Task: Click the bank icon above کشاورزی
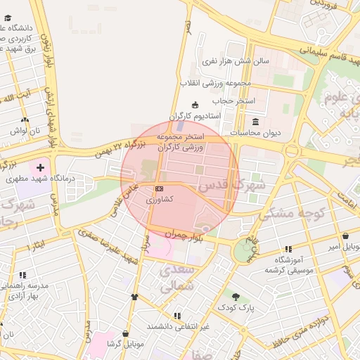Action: click(160, 188)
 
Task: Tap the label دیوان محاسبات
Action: click(256, 132)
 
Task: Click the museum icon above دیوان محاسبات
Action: click(254, 121)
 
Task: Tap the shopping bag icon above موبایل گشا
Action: click(126, 333)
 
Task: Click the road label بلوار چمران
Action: click(184, 233)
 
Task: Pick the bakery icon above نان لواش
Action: click(25, 120)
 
